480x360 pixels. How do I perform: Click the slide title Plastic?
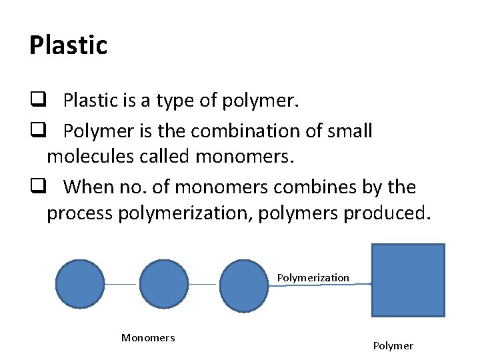pos(68,45)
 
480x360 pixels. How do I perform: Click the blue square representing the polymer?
pos(407,280)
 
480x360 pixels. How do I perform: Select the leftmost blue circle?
pos(80,285)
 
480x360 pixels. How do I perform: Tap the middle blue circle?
pos(164,285)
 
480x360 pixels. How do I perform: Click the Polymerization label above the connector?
pos(313,277)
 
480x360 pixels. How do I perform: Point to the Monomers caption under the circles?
pos(148,338)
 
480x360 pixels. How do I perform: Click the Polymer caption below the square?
pos(393,345)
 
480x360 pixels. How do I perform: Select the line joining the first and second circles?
pos(122,285)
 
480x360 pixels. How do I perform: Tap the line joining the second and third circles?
pos(204,285)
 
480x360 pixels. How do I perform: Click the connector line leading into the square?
pos(320,285)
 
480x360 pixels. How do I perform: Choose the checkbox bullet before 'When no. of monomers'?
pos(36,187)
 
